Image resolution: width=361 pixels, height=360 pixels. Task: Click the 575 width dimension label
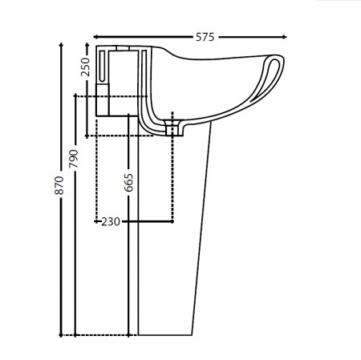(205, 37)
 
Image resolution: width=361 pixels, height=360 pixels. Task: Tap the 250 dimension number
(86, 67)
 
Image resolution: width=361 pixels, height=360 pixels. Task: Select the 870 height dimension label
(59, 185)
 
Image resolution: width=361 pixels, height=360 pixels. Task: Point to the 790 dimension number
(74, 159)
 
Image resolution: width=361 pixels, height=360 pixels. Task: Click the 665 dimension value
(128, 183)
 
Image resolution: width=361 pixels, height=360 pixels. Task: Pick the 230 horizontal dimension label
(111, 221)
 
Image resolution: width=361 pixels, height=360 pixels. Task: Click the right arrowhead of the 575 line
(285, 37)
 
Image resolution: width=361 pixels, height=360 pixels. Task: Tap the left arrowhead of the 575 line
(95, 37)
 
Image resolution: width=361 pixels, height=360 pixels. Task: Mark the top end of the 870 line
(61, 44)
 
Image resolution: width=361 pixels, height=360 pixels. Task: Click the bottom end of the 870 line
(61, 335)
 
